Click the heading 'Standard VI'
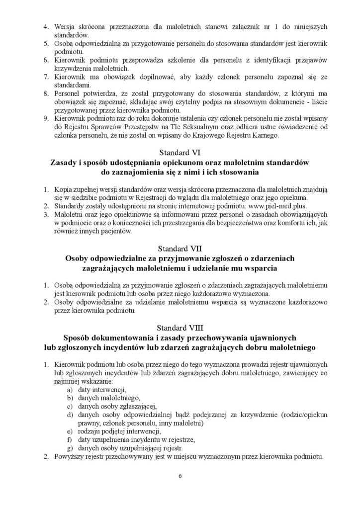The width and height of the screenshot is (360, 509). coord(180,153)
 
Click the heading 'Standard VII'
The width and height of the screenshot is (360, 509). coord(180,248)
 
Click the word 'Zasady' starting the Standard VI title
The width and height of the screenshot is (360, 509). coord(65,163)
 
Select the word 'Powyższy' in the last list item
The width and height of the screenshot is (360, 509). coord(69,457)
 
